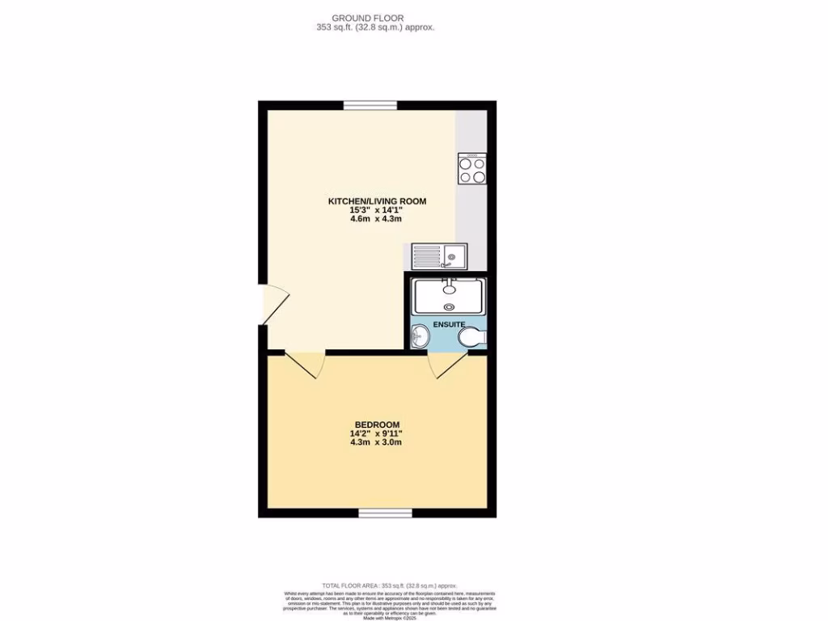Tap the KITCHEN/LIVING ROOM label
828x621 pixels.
pyautogui.click(x=376, y=201)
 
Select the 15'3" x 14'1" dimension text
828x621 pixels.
pyautogui.click(x=376, y=211)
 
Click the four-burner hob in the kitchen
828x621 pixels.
pyautogui.click(x=472, y=169)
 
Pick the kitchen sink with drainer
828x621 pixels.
pyautogui.click(x=438, y=257)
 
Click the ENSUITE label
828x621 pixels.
pyautogui.click(x=450, y=324)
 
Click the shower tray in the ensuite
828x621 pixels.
pyautogui.click(x=450, y=296)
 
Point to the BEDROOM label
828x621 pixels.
pyautogui.click(x=376, y=425)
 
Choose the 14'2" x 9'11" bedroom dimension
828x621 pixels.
pyautogui.click(x=376, y=433)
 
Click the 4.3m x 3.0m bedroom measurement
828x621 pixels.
pyautogui.click(x=376, y=442)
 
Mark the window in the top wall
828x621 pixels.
pyautogui.click(x=370, y=105)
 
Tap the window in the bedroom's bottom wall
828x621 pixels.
pyautogui.click(x=385, y=513)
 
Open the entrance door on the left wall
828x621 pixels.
pyautogui.click(x=272, y=305)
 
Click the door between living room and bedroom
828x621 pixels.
pyautogui.click(x=305, y=363)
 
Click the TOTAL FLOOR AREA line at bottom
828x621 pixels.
pyautogui.click(x=390, y=585)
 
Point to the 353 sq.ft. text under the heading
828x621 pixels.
pyautogui.click(x=375, y=27)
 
